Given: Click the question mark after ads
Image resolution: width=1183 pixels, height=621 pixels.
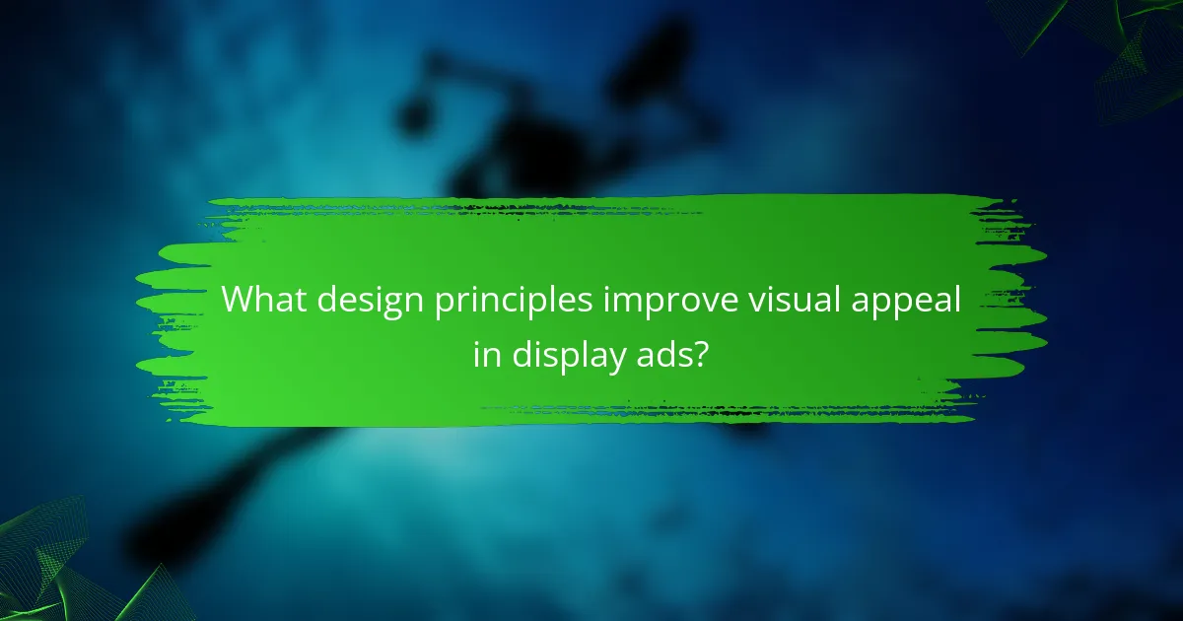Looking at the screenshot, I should coord(701,353).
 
